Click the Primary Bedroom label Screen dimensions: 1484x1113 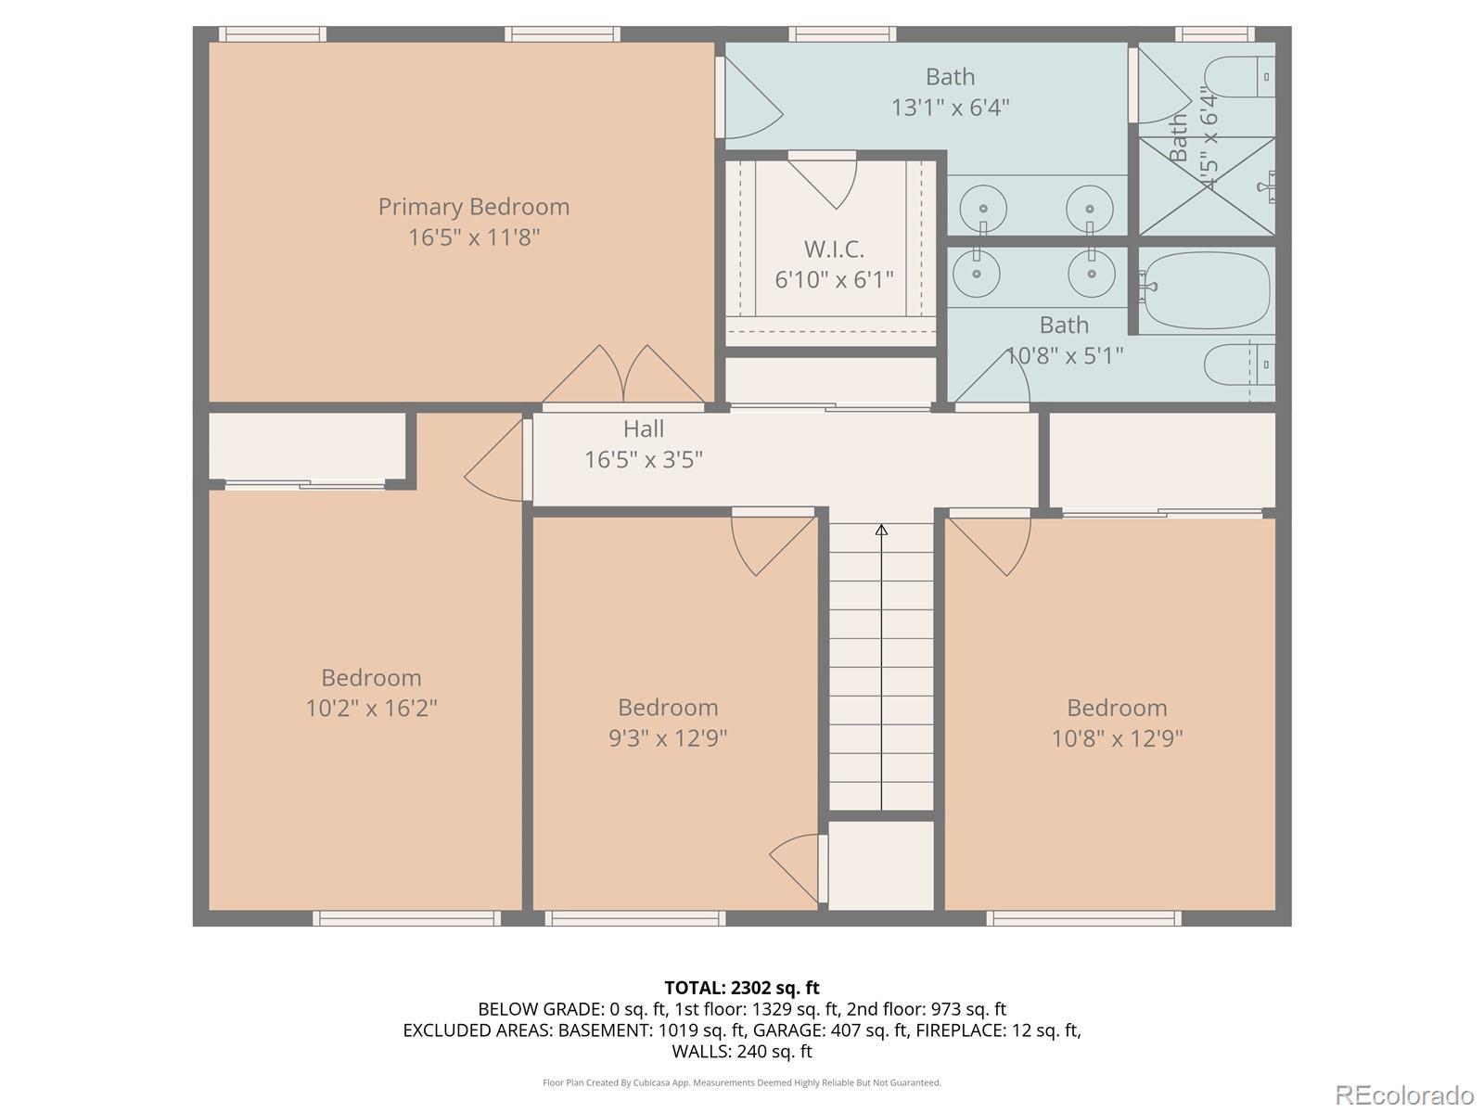tap(473, 207)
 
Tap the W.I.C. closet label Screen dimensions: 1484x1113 tap(834, 249)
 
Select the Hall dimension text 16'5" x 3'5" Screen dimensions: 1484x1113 tap(644, 459)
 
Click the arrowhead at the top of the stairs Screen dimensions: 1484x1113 tap(882, 530)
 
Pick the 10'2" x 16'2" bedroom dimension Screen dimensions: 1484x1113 tap(371, 709)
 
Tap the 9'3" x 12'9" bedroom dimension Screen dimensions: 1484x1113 tap(668, 738)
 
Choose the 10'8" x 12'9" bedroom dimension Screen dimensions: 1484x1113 tap(1117, 738)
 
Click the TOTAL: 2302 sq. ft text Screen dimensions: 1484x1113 tap(742, 988)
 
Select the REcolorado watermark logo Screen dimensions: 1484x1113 tap(1405, 1094)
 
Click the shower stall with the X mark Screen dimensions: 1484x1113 tap(1207, 186)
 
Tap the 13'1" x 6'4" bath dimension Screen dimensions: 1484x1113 tap(950, 108)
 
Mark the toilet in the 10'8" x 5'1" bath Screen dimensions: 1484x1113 tap(1239, 365)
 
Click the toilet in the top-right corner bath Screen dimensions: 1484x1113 tap(1239, 77)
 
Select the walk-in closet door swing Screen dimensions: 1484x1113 tap(823, 180)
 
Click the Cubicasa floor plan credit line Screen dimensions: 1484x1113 tap(742, 1082)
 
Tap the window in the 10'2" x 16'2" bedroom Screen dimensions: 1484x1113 tap(407, 917)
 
